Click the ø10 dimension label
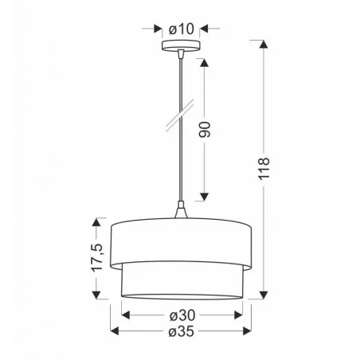(182, 29)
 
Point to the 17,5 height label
(96, 257)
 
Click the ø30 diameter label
(182, 314)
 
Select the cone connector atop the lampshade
(181, 213)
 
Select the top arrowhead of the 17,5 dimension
(98, 221)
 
